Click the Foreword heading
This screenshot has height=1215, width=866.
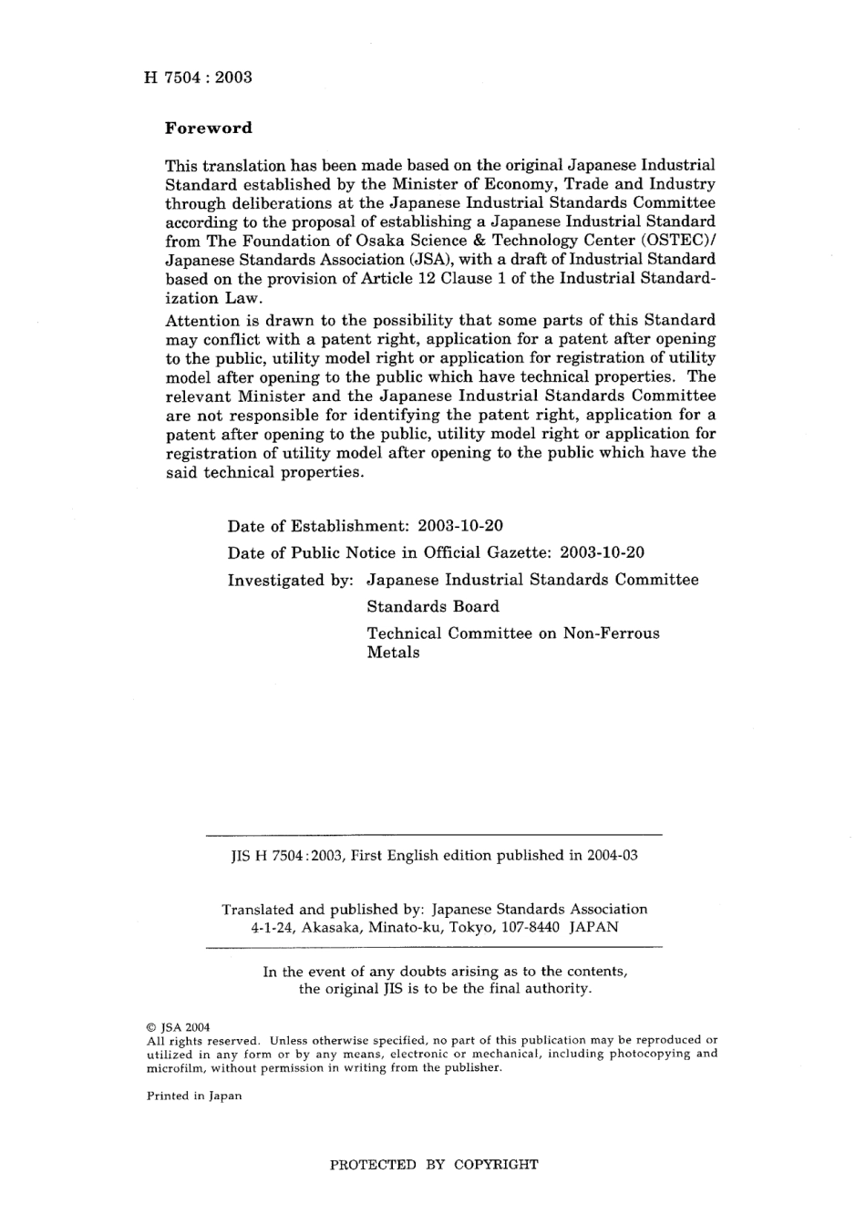(208, 129)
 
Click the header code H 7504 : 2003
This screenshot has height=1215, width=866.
(198, 77)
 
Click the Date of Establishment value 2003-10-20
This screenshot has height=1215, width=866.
(459, 527)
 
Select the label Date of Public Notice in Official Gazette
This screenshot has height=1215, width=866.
(389, 553)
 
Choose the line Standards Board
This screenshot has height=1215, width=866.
(433, 607)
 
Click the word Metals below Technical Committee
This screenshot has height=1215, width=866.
(393, 653)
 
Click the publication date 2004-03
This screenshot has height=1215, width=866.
(610, 856)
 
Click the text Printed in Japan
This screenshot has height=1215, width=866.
(194, 1097)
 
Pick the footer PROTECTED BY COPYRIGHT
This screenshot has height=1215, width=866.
(433, 1164)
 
